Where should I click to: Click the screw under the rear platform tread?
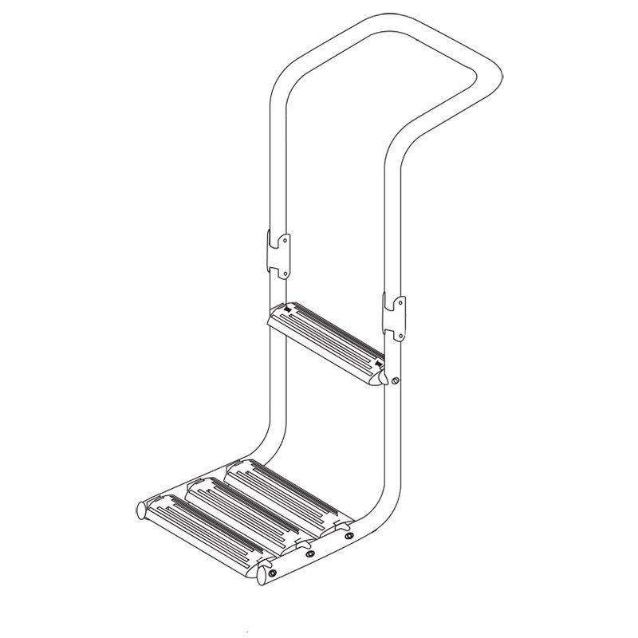(349, 537)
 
